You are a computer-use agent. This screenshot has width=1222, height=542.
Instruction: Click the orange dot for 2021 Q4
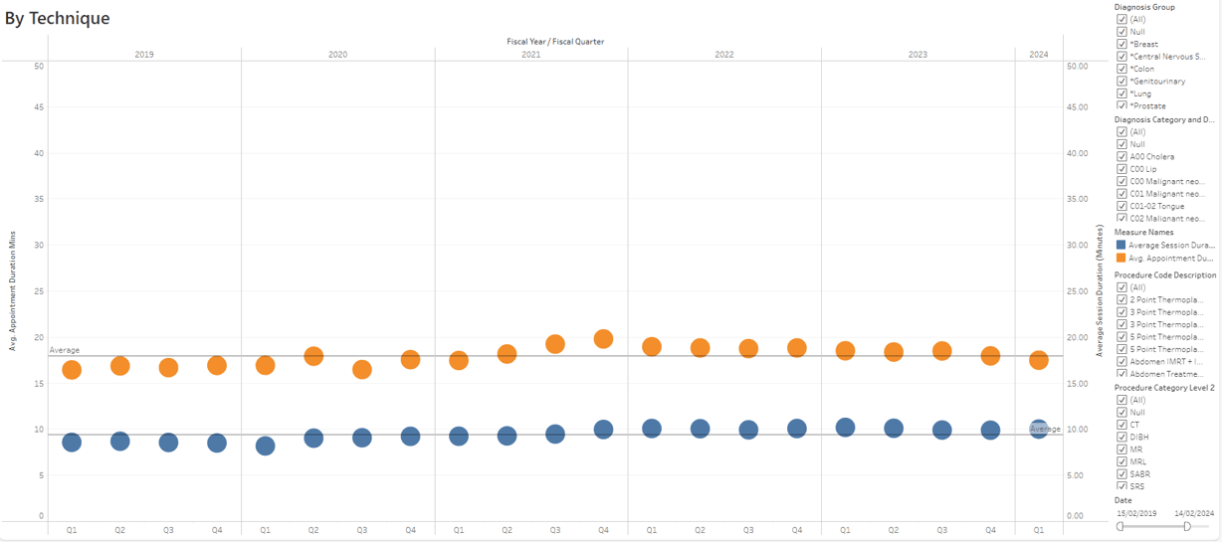coord(603,339)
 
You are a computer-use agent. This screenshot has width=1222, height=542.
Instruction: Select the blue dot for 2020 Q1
coord(265,446)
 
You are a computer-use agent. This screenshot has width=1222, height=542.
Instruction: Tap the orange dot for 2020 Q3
coord(361,369)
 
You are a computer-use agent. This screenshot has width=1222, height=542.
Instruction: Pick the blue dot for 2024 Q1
coord(1038,429)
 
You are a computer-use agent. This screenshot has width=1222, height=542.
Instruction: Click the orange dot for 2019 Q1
coord(72,369)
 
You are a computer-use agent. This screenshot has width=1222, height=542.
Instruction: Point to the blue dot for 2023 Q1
coord(845,427)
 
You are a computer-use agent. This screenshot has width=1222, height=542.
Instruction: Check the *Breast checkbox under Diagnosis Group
coord(1121,44)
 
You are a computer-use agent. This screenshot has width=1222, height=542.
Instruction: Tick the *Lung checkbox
coord(1121,93)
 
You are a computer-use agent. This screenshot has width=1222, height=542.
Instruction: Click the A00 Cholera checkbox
coord(1121,156)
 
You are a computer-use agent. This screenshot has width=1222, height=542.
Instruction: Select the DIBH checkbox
coord(1121,437)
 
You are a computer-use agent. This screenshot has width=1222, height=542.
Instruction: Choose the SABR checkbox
coord(1121,474)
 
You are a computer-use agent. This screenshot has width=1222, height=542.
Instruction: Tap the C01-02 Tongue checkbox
coord(1121,206)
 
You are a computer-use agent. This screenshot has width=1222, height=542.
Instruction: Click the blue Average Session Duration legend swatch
coord(1120,245)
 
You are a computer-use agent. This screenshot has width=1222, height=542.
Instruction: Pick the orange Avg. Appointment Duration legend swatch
coord(1120,258)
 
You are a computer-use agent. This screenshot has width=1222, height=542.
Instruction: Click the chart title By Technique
coord(58,18)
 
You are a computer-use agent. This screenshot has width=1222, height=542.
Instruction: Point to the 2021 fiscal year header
coord(530,55)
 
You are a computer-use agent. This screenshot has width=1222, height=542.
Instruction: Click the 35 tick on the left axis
coord(39,199)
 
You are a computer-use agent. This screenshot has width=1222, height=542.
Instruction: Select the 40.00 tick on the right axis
coord(1077,153)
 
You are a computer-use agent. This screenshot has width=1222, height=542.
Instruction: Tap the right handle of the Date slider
coord(1187,526)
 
